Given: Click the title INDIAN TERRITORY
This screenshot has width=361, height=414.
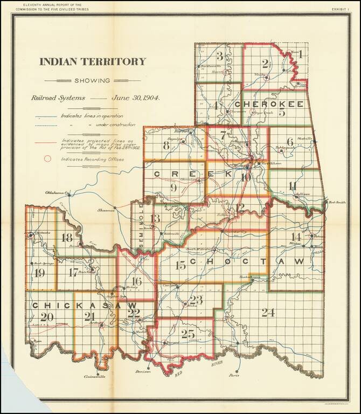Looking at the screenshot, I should tap(92, 61).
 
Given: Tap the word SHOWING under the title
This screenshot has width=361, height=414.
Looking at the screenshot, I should tap(92, 81).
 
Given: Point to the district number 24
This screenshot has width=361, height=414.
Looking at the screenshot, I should tap(268, 312).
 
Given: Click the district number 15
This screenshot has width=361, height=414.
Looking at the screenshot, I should tap(180, 264).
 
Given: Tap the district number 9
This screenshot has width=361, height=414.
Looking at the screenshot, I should tap(173, 188).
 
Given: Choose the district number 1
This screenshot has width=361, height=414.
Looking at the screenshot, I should tap(300, 53).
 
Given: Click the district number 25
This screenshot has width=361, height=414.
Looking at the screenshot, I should tap(188, 334).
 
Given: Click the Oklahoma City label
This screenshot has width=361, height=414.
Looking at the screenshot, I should tap(55, 192).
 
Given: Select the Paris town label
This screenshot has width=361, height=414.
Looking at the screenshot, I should tap(233, 375).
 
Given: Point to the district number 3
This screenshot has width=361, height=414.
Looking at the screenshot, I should tap(219, 56).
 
